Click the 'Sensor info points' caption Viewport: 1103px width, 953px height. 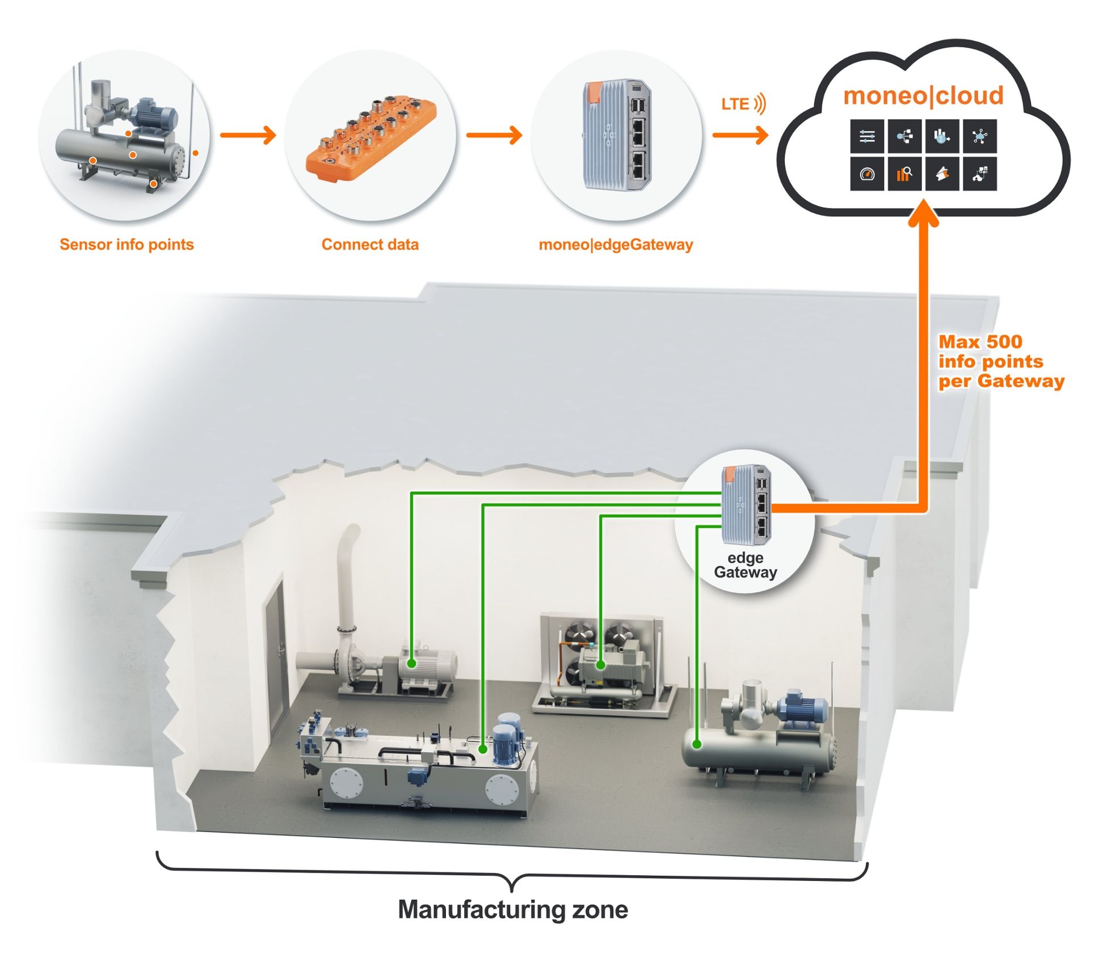pos(127,244)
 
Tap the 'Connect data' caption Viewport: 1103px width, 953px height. pos(370,244)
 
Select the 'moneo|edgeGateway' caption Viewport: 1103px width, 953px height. pos(616,244)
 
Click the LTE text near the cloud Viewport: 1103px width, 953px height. pos(735,104)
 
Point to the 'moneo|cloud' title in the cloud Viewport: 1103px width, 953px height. pos(923,95)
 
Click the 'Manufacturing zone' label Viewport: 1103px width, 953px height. pos(513,909)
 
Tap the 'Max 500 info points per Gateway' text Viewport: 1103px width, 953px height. pos(1001,361)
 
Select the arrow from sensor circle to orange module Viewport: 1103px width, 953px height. pos(247,135)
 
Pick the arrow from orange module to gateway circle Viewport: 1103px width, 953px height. pos(494,135)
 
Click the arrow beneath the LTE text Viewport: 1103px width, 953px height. pos(740,135)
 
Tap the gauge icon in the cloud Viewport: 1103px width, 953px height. pos(867,174)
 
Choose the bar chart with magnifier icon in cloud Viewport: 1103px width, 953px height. pos(904,174)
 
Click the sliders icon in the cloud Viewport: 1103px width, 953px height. pos(867,136)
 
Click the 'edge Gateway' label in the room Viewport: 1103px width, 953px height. pos(745,565)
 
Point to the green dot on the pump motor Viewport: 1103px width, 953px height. pos(411,663)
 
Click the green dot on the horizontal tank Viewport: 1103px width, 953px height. pos(697,744)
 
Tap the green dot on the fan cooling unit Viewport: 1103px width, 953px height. pos(600,664)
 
